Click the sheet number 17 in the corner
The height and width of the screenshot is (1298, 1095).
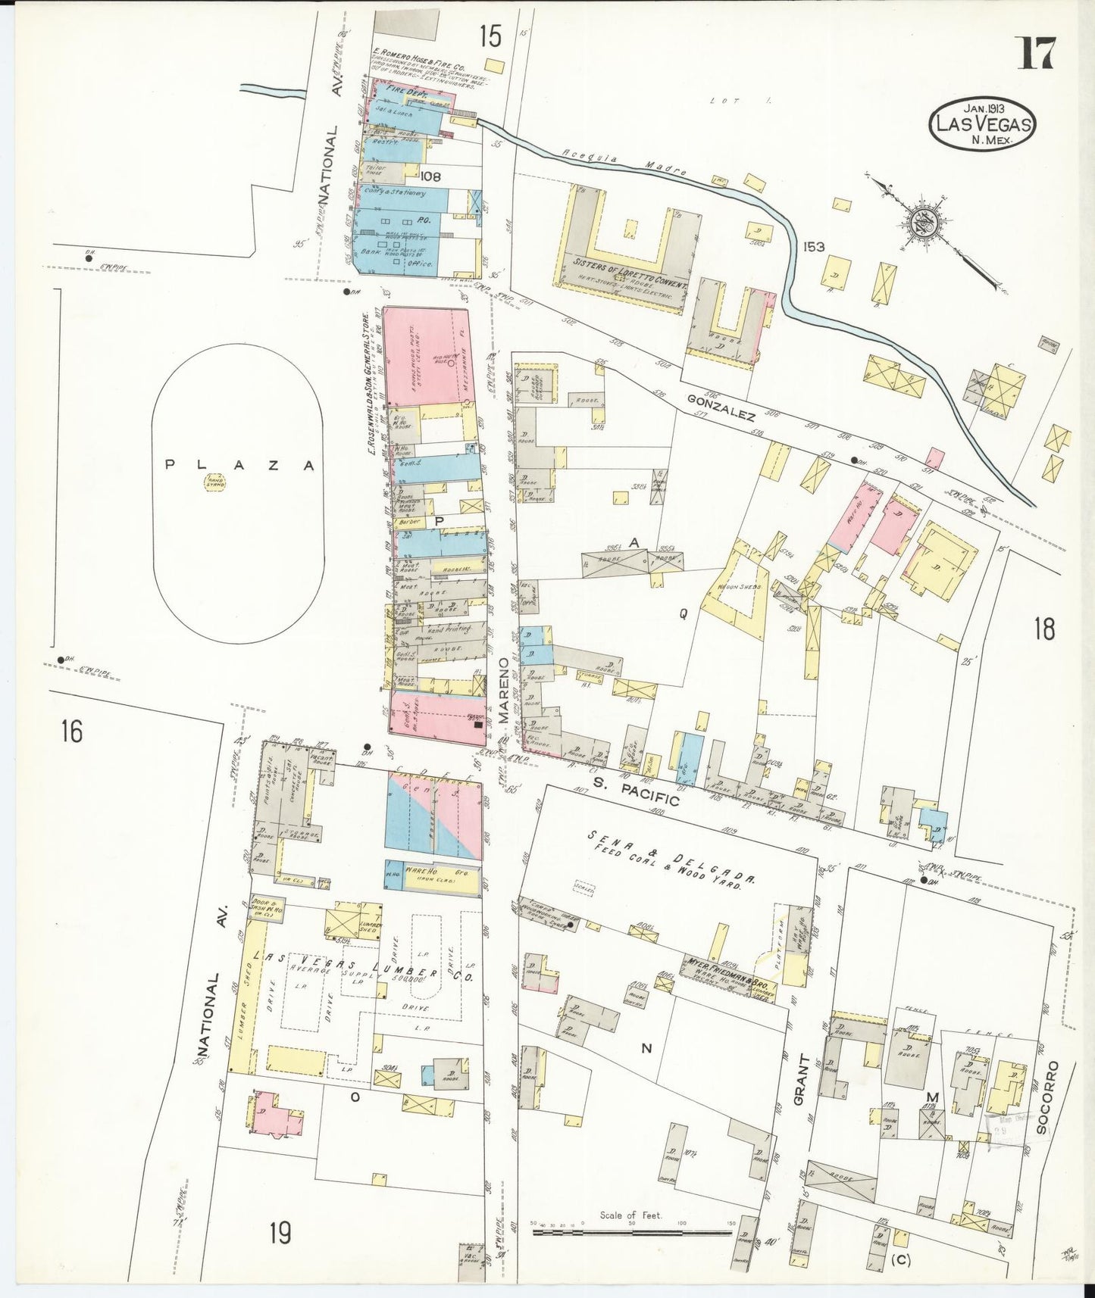pos(1037,54)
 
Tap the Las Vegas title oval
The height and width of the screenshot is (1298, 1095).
pos(982,123)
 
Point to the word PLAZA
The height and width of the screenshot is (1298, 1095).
pos(239,466)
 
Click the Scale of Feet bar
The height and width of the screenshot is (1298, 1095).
pos(630,1232)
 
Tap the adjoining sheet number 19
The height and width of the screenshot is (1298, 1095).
pos(279,1233)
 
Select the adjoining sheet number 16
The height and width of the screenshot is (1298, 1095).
pos(72,732)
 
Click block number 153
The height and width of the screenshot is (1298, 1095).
pos(815,247)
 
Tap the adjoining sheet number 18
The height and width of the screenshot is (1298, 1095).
pos(1044,629)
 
